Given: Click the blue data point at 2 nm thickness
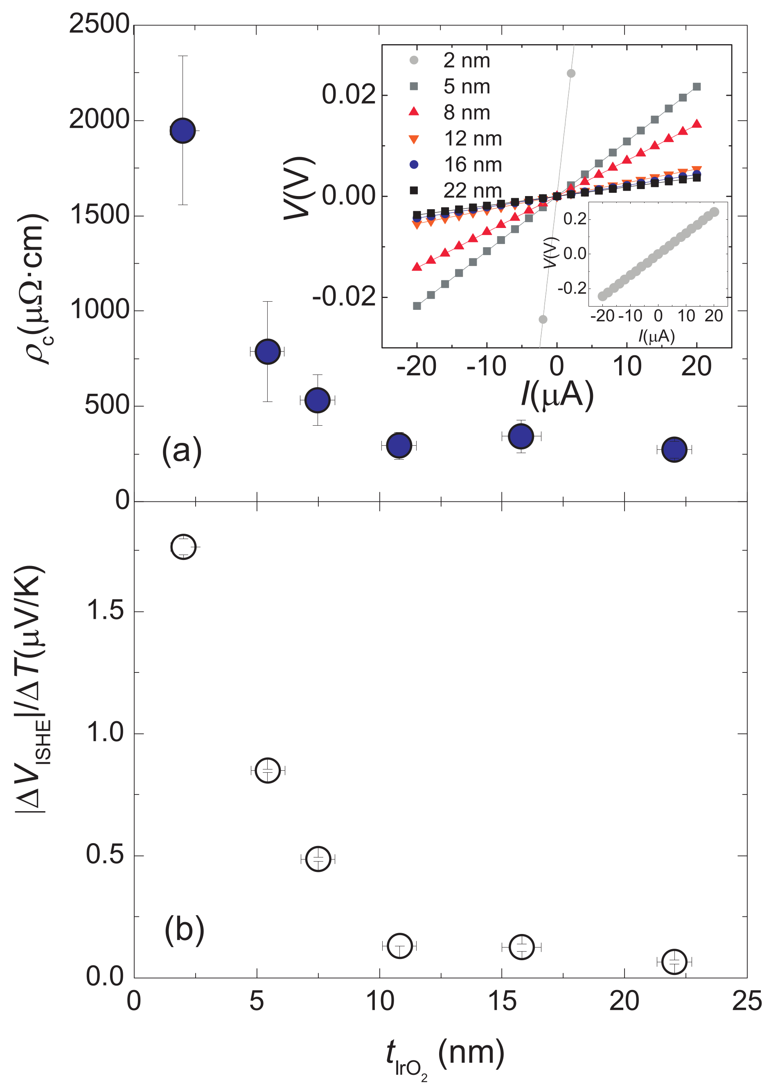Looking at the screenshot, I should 183,130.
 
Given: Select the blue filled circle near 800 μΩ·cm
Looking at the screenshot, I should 267,352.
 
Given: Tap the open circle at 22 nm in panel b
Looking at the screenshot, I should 674,961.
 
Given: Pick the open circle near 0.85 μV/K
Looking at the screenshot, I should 268,769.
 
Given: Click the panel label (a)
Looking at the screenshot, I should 182,450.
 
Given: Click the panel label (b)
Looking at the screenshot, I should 185,930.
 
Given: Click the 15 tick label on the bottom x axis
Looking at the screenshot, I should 502,1000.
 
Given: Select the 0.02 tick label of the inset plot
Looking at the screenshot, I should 349,94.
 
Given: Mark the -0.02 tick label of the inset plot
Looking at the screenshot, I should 344,297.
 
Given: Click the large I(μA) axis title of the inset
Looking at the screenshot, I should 557,394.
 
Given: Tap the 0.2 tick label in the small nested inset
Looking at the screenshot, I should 575,219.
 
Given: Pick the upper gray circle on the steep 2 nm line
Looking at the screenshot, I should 571,73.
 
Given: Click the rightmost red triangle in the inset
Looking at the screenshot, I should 697,124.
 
